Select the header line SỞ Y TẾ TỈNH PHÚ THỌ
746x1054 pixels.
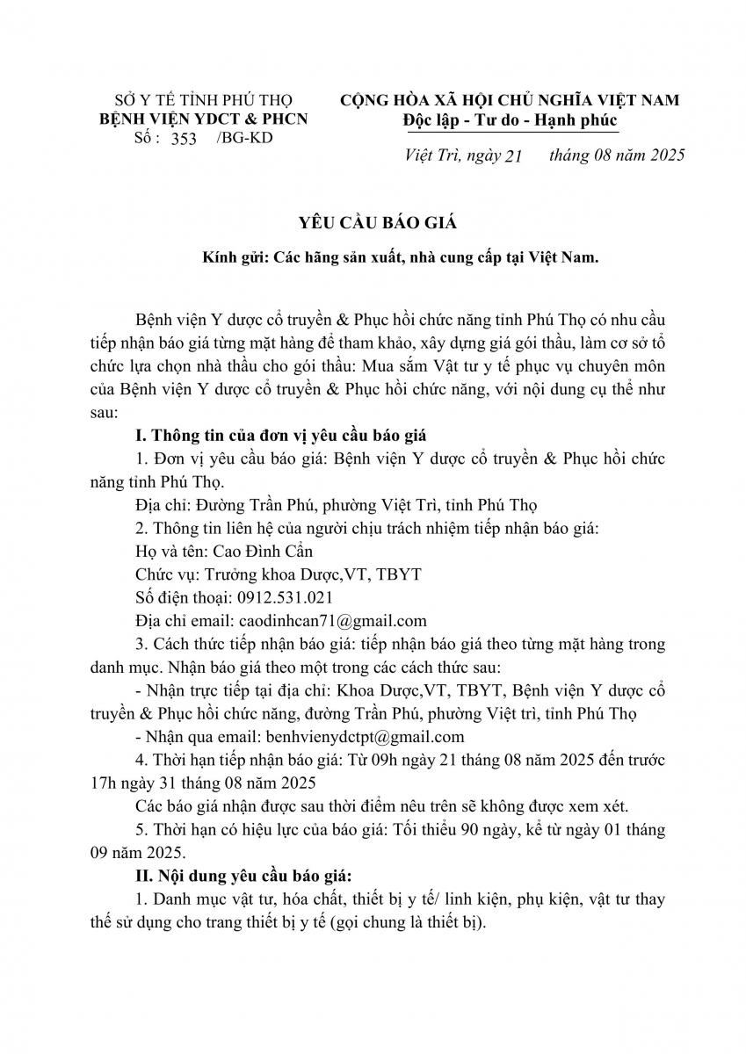205,100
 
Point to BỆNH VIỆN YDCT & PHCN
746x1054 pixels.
204,119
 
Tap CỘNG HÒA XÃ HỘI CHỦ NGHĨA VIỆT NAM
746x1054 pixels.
510,100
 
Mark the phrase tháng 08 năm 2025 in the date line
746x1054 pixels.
616,155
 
